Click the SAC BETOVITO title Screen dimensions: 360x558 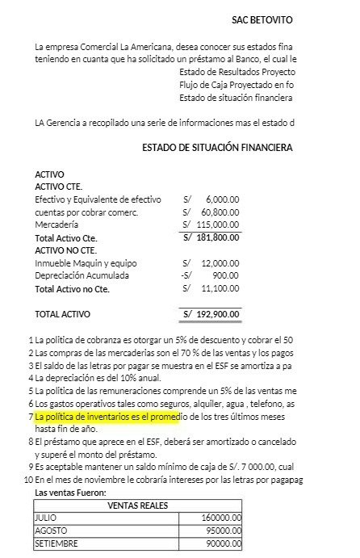(x=262, y=19)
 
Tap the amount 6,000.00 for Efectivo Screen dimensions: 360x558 (x=222, y=199)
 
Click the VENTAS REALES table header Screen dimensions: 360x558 (x=136, y=506)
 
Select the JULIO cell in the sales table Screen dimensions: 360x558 (x=47, y=518)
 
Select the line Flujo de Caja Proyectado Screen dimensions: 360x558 (x=236, y=85)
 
